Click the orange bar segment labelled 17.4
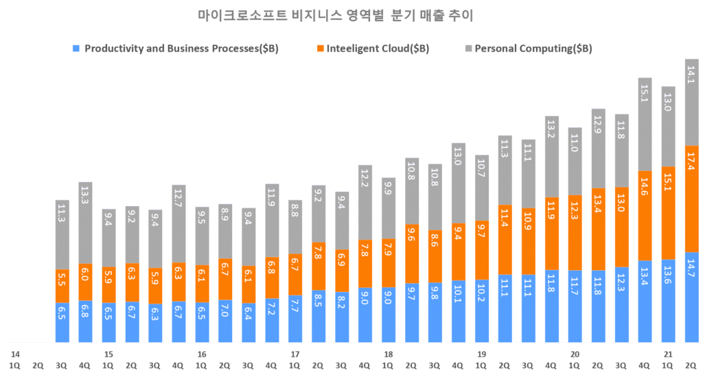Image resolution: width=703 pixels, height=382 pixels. pos(691,199)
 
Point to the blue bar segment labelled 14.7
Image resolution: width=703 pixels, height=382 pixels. pos(691,297)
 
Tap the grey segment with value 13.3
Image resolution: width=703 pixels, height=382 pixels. pos(86,223)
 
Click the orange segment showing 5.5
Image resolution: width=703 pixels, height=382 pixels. pos(62,286)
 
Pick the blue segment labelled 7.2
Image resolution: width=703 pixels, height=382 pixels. pos(273,320)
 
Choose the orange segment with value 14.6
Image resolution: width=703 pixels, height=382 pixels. pos(645,215)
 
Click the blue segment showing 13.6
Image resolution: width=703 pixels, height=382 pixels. pos(668,300)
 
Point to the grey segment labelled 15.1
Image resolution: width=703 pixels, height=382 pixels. pos(645,124)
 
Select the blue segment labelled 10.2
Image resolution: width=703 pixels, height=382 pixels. pos(482,311)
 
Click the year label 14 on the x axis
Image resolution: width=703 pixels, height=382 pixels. pos(15,355)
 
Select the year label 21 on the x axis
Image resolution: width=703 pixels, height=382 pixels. pos(668,355)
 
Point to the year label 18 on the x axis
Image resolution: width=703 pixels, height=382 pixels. pos(389,355)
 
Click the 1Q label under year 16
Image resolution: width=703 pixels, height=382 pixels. pos(202,366)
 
